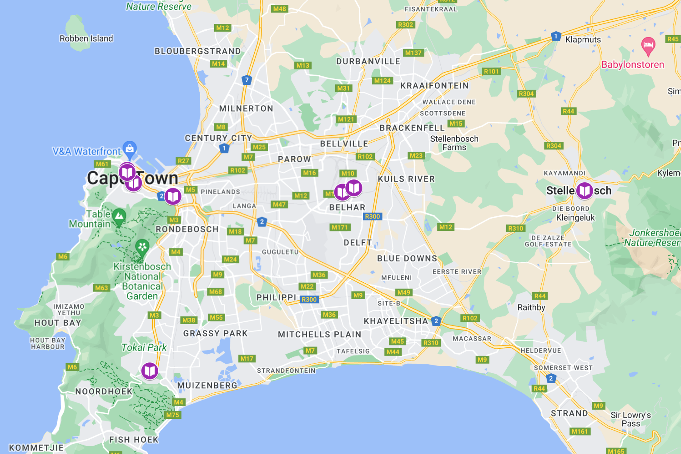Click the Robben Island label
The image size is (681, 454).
(x=86, y=39)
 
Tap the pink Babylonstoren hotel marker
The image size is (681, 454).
(x=648, y=45)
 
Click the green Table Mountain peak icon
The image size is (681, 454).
(x=119, y=216)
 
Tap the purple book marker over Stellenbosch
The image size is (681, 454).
(x=585, y=190)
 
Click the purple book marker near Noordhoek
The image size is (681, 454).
(x=150, y=371)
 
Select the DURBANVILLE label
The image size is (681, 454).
(x=368, y=61)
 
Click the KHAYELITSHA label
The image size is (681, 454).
(x=396, y=321)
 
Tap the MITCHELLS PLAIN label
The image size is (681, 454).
(x=320, y=334)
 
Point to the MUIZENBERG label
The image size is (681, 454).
(x=207, y=386)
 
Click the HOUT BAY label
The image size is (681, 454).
(x=58, y=323)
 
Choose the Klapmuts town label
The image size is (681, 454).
(x=583, y=39)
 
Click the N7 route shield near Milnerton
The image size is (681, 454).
(x=247, y=80)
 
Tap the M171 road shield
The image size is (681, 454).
(x=340, y=227)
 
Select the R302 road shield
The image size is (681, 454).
(x=406, y=25)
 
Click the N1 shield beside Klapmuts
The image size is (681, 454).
(x=555, y=36)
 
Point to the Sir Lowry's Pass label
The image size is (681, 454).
(x=631, y=419)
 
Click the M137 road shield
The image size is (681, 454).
(x=413, y=53)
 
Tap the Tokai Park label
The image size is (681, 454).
(x=144, y=347)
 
